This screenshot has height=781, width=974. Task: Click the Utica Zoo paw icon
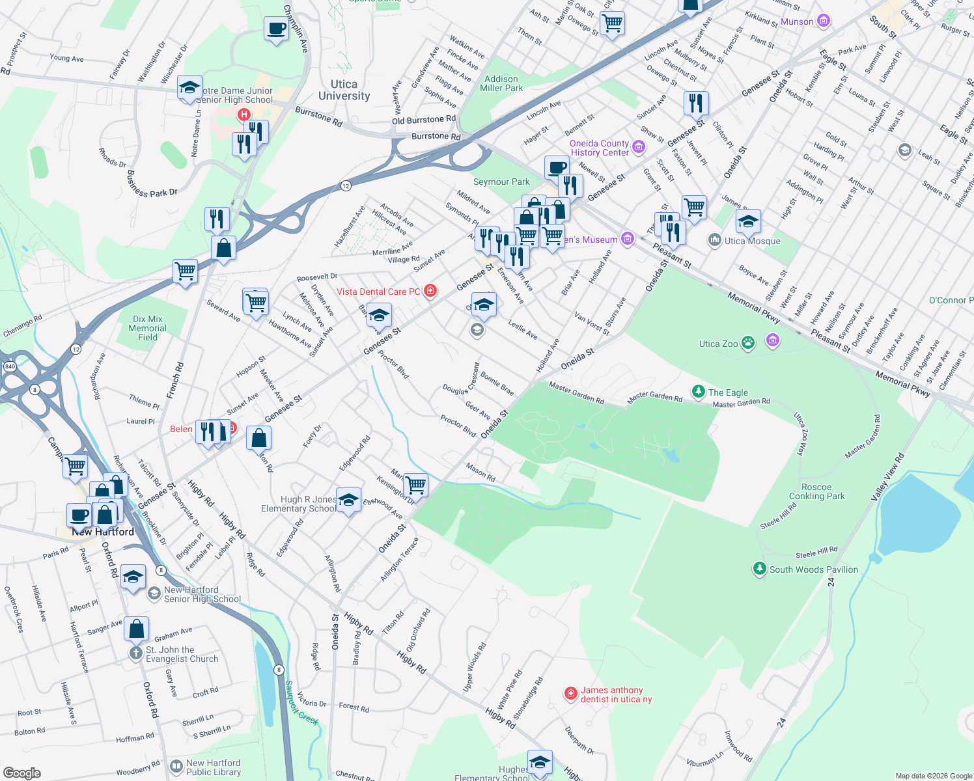(748, 342)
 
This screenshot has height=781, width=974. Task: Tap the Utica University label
(344, 90)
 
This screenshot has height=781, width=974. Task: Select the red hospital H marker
(244, 115)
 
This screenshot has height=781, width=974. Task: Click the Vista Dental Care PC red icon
(430, 291)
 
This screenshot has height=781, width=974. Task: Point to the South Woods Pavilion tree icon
(759, 569)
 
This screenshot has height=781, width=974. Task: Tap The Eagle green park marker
(699, 391)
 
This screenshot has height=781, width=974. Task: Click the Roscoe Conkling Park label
(816, 491)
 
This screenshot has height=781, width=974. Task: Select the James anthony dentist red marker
(571, 694)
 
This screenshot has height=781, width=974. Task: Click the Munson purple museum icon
(824, 21)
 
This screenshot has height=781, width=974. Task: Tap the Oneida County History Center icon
(639, 147)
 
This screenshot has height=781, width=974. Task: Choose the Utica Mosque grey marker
(715, 240)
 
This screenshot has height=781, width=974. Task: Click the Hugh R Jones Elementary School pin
(348, 500)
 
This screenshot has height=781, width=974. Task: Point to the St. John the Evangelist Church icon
(135, 653)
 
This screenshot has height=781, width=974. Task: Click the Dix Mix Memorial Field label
(148, 328)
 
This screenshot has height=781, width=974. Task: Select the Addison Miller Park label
(501, 83)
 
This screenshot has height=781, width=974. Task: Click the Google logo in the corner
(21, 773)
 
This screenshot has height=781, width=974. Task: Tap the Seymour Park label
(501, 182)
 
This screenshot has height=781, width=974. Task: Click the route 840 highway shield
(10, 366)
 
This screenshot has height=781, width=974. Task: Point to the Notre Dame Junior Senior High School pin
(189, 88)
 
